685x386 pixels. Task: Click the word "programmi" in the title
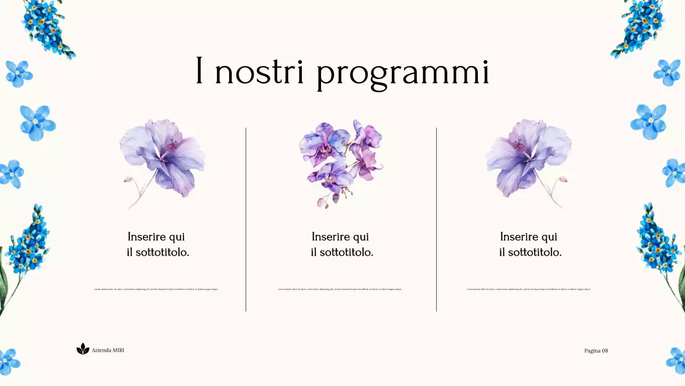point(402,73)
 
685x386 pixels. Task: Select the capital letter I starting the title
point(199,71)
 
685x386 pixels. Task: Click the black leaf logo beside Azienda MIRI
point(82,350)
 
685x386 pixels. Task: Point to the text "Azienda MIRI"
point(108,350)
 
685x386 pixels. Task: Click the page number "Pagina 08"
point(596,351)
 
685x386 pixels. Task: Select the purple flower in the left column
point(163,158)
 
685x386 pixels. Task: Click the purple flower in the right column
point(527,158)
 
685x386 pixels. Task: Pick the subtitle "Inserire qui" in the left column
point(156,237)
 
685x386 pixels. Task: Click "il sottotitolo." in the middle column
point(342,253)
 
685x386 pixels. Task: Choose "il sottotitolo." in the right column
point(530,253)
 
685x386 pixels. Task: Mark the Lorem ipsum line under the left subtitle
point(156,289)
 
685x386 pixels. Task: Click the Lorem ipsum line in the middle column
point(340,289)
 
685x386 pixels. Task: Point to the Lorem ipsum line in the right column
point(529,289)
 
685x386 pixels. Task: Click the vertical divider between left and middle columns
point(246,220)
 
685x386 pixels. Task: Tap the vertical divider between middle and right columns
point(436,220)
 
